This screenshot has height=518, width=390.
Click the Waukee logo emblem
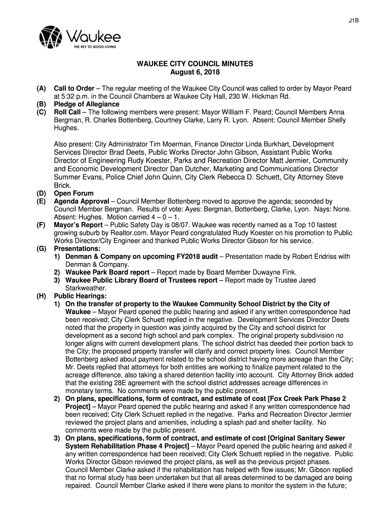[x=51, y=37]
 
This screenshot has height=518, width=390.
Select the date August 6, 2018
[x=193, y=73]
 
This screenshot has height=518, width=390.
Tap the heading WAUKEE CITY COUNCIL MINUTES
[x=193, y=65]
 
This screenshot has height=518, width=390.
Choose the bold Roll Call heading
[x=68, y=112]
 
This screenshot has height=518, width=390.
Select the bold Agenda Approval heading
[x=82, y=201]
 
